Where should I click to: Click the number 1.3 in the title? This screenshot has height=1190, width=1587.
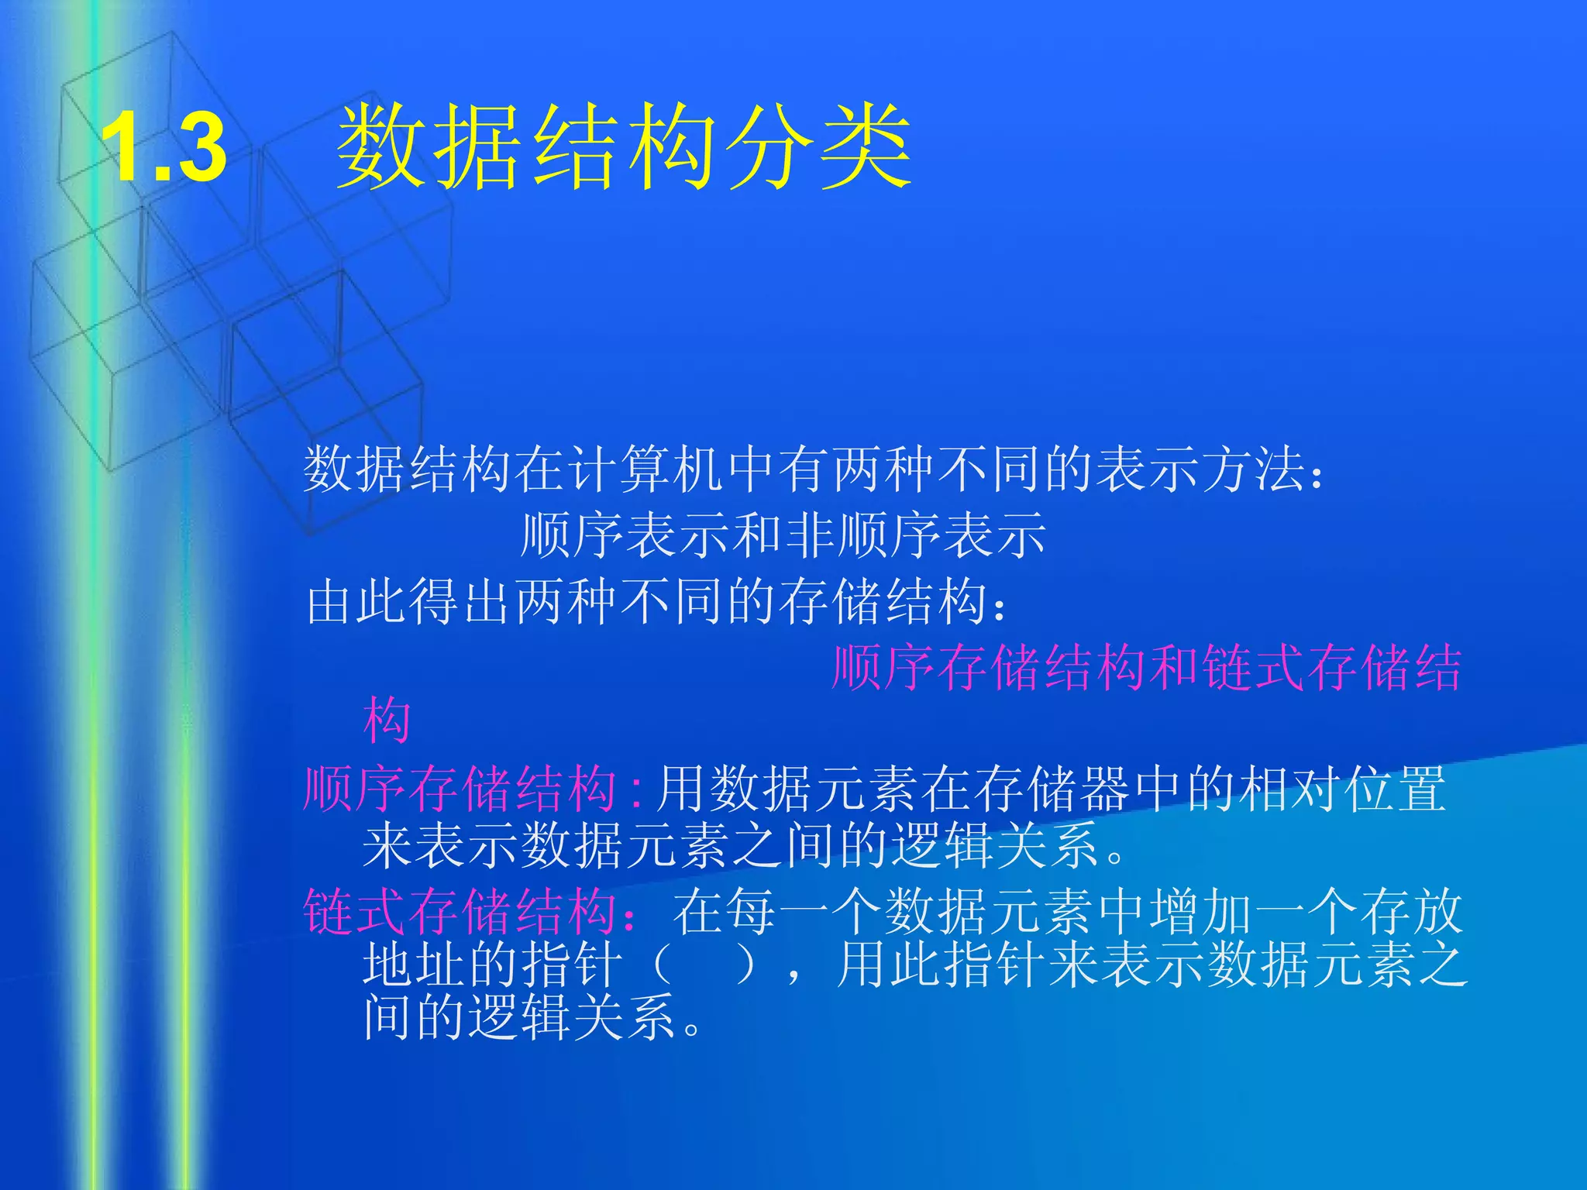point(164,147)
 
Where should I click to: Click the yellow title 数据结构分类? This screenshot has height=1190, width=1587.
point(624,147)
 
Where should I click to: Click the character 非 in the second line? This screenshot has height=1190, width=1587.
point(811,535)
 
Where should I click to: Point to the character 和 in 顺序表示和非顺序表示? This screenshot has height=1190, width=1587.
point(756,535)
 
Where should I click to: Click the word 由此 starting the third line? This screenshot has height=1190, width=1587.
point(357,602)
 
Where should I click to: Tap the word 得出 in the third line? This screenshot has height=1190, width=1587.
point(463,602)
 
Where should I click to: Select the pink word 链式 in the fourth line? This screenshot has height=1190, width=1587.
point(1255,668)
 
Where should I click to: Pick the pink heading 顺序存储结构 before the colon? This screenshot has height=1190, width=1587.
point(460,789)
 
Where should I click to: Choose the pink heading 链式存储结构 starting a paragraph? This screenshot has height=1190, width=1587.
point(460,911)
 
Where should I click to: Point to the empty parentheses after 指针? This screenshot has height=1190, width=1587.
point(704,965)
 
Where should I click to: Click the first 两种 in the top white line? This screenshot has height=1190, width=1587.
point(858,469)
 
